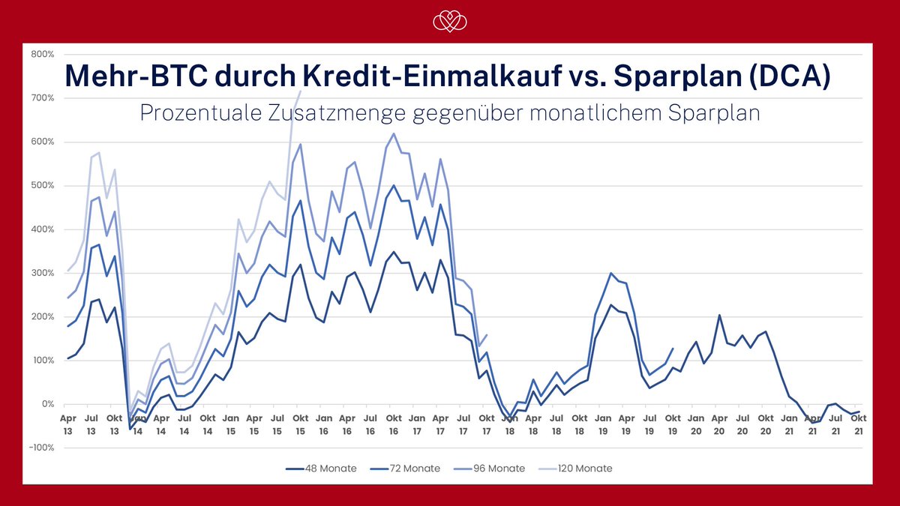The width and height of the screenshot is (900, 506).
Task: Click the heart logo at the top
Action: (450, 22)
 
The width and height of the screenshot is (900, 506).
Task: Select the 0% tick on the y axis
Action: (48, 404)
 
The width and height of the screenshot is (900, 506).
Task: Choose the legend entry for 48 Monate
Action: (321, 469)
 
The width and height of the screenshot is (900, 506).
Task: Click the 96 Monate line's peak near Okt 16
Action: (394, 134)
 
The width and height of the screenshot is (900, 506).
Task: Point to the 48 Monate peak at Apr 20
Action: (719, 316)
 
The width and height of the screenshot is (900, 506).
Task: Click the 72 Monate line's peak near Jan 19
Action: (611, 274)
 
